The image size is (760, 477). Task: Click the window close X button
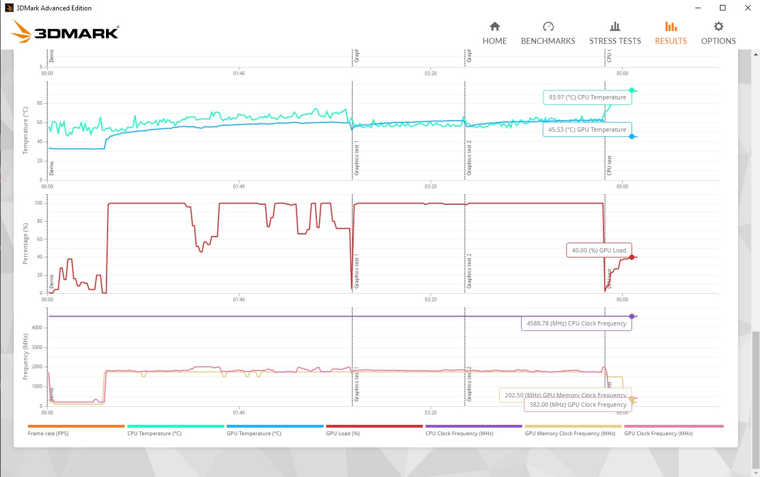pyautogui.click(x=747, y=8)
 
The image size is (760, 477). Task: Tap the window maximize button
pyautogui.click(x=723, y=8)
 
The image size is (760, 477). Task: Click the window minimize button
pyautogui.click(x=698, y=8)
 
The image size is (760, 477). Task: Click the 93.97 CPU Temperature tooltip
pyautogui.click(x=587, y=97)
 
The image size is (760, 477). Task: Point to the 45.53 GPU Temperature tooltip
pyautogui.click(x=587, y=130)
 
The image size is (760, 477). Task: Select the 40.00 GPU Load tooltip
pyautogui.click(x=599, y=250)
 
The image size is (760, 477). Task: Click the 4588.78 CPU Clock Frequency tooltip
pyautogui.click(x=576, y=323)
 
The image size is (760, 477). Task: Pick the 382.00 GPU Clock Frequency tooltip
pyautogui.click(x=578, y=405)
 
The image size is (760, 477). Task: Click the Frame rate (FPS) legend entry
pyautogui.click(x=48, y=433)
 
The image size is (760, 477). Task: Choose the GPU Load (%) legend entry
pyautogui.click(x=343, y=433)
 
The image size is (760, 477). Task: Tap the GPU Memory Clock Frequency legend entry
pyautogui.click(x=570, y=433)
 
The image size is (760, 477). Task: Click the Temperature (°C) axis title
pyautogui.click(x=25, y=131)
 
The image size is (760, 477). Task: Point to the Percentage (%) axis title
pyautogui.click(x=25, y=244)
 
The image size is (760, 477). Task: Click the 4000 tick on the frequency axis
pyautogui.click(x=37, y=328)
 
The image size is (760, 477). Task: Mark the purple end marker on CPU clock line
pyautogui.click(x=632, y=316)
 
